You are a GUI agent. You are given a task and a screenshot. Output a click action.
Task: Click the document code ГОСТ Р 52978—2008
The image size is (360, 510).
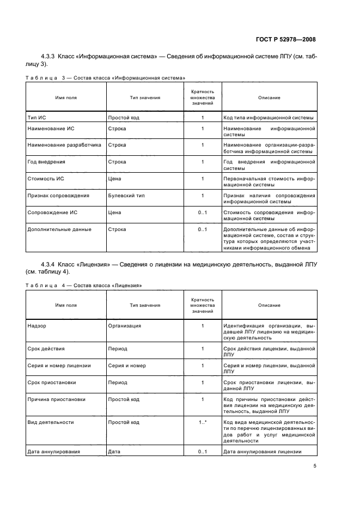(286, 39)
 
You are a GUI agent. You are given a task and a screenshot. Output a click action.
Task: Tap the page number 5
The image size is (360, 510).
(315, 466)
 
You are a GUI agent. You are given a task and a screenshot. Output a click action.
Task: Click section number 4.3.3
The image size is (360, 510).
(51, 57)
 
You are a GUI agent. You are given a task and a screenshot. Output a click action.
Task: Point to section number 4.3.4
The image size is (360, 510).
(51, 265)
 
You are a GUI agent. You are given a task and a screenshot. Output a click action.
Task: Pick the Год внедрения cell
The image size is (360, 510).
(46, 162)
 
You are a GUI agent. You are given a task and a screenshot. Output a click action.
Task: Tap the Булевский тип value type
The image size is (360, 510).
(126, 195)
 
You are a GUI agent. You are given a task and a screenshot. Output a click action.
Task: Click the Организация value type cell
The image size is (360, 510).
(125, 326)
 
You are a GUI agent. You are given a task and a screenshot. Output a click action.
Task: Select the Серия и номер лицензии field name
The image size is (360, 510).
(59, 366)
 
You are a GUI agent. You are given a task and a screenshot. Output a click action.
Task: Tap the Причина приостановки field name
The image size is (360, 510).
(56, 399)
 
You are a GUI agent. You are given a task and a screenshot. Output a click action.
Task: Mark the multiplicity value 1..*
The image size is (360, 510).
(203, 422)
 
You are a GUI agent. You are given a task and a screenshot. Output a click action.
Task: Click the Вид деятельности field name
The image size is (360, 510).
(50, 422)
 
